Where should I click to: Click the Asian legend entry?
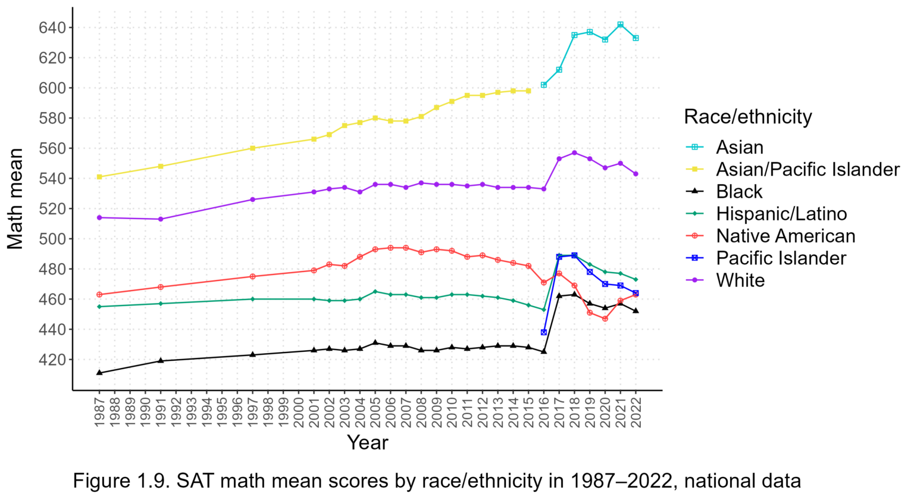click(x=740, y=147)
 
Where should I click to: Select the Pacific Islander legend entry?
click(x=781, y=258)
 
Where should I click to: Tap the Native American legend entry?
click(x=785, y=236)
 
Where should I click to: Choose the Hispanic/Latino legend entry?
click(x=781, y=214)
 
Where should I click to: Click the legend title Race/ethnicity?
click(x=748, y=117)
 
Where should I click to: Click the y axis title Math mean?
click(x=15, y=199)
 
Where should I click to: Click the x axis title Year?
click(x=367, y=442)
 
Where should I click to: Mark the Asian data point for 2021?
click(x=621, y=24)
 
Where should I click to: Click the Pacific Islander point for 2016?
click(x=544, y=332)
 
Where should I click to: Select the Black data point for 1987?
click(x=99, y=373)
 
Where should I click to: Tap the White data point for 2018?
click(x=574, y=153)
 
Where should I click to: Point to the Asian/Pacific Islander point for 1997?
click(x=252, y=148)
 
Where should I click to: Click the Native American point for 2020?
click(x=605, y=319)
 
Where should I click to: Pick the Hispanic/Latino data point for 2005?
click(x=375, y=292)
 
